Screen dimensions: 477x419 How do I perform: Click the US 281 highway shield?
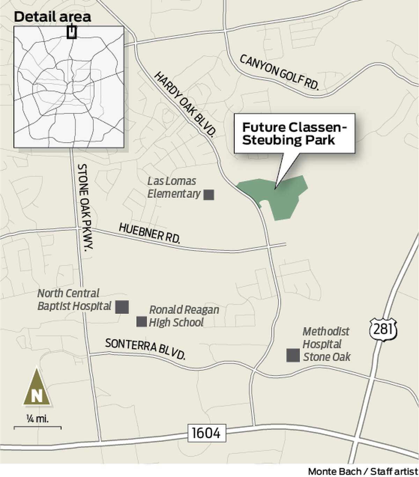(x=383, y=329)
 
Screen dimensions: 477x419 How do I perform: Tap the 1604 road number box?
(x=206, y=433)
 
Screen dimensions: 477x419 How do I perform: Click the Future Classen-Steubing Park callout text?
(x=294, y=133)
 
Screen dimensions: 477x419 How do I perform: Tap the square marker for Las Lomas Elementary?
(x=209, y=194)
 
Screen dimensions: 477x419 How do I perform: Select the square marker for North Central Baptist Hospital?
(x=122, y=307)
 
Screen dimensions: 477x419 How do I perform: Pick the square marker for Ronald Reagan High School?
(x=141, y=321)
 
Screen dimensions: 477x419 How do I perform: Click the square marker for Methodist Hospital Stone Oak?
(x=293, y=355)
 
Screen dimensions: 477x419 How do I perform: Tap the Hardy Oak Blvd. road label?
(x=185, y=105)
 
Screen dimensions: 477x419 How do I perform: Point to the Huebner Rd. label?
(x=149, y=233)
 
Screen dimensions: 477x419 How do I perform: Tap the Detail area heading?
(x=53, y=16)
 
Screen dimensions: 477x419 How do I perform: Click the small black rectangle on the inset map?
(x=72, y=32)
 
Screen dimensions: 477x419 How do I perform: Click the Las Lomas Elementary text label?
(x=174, y=187)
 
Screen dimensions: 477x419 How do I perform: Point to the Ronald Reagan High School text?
(x=184, y=316)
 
